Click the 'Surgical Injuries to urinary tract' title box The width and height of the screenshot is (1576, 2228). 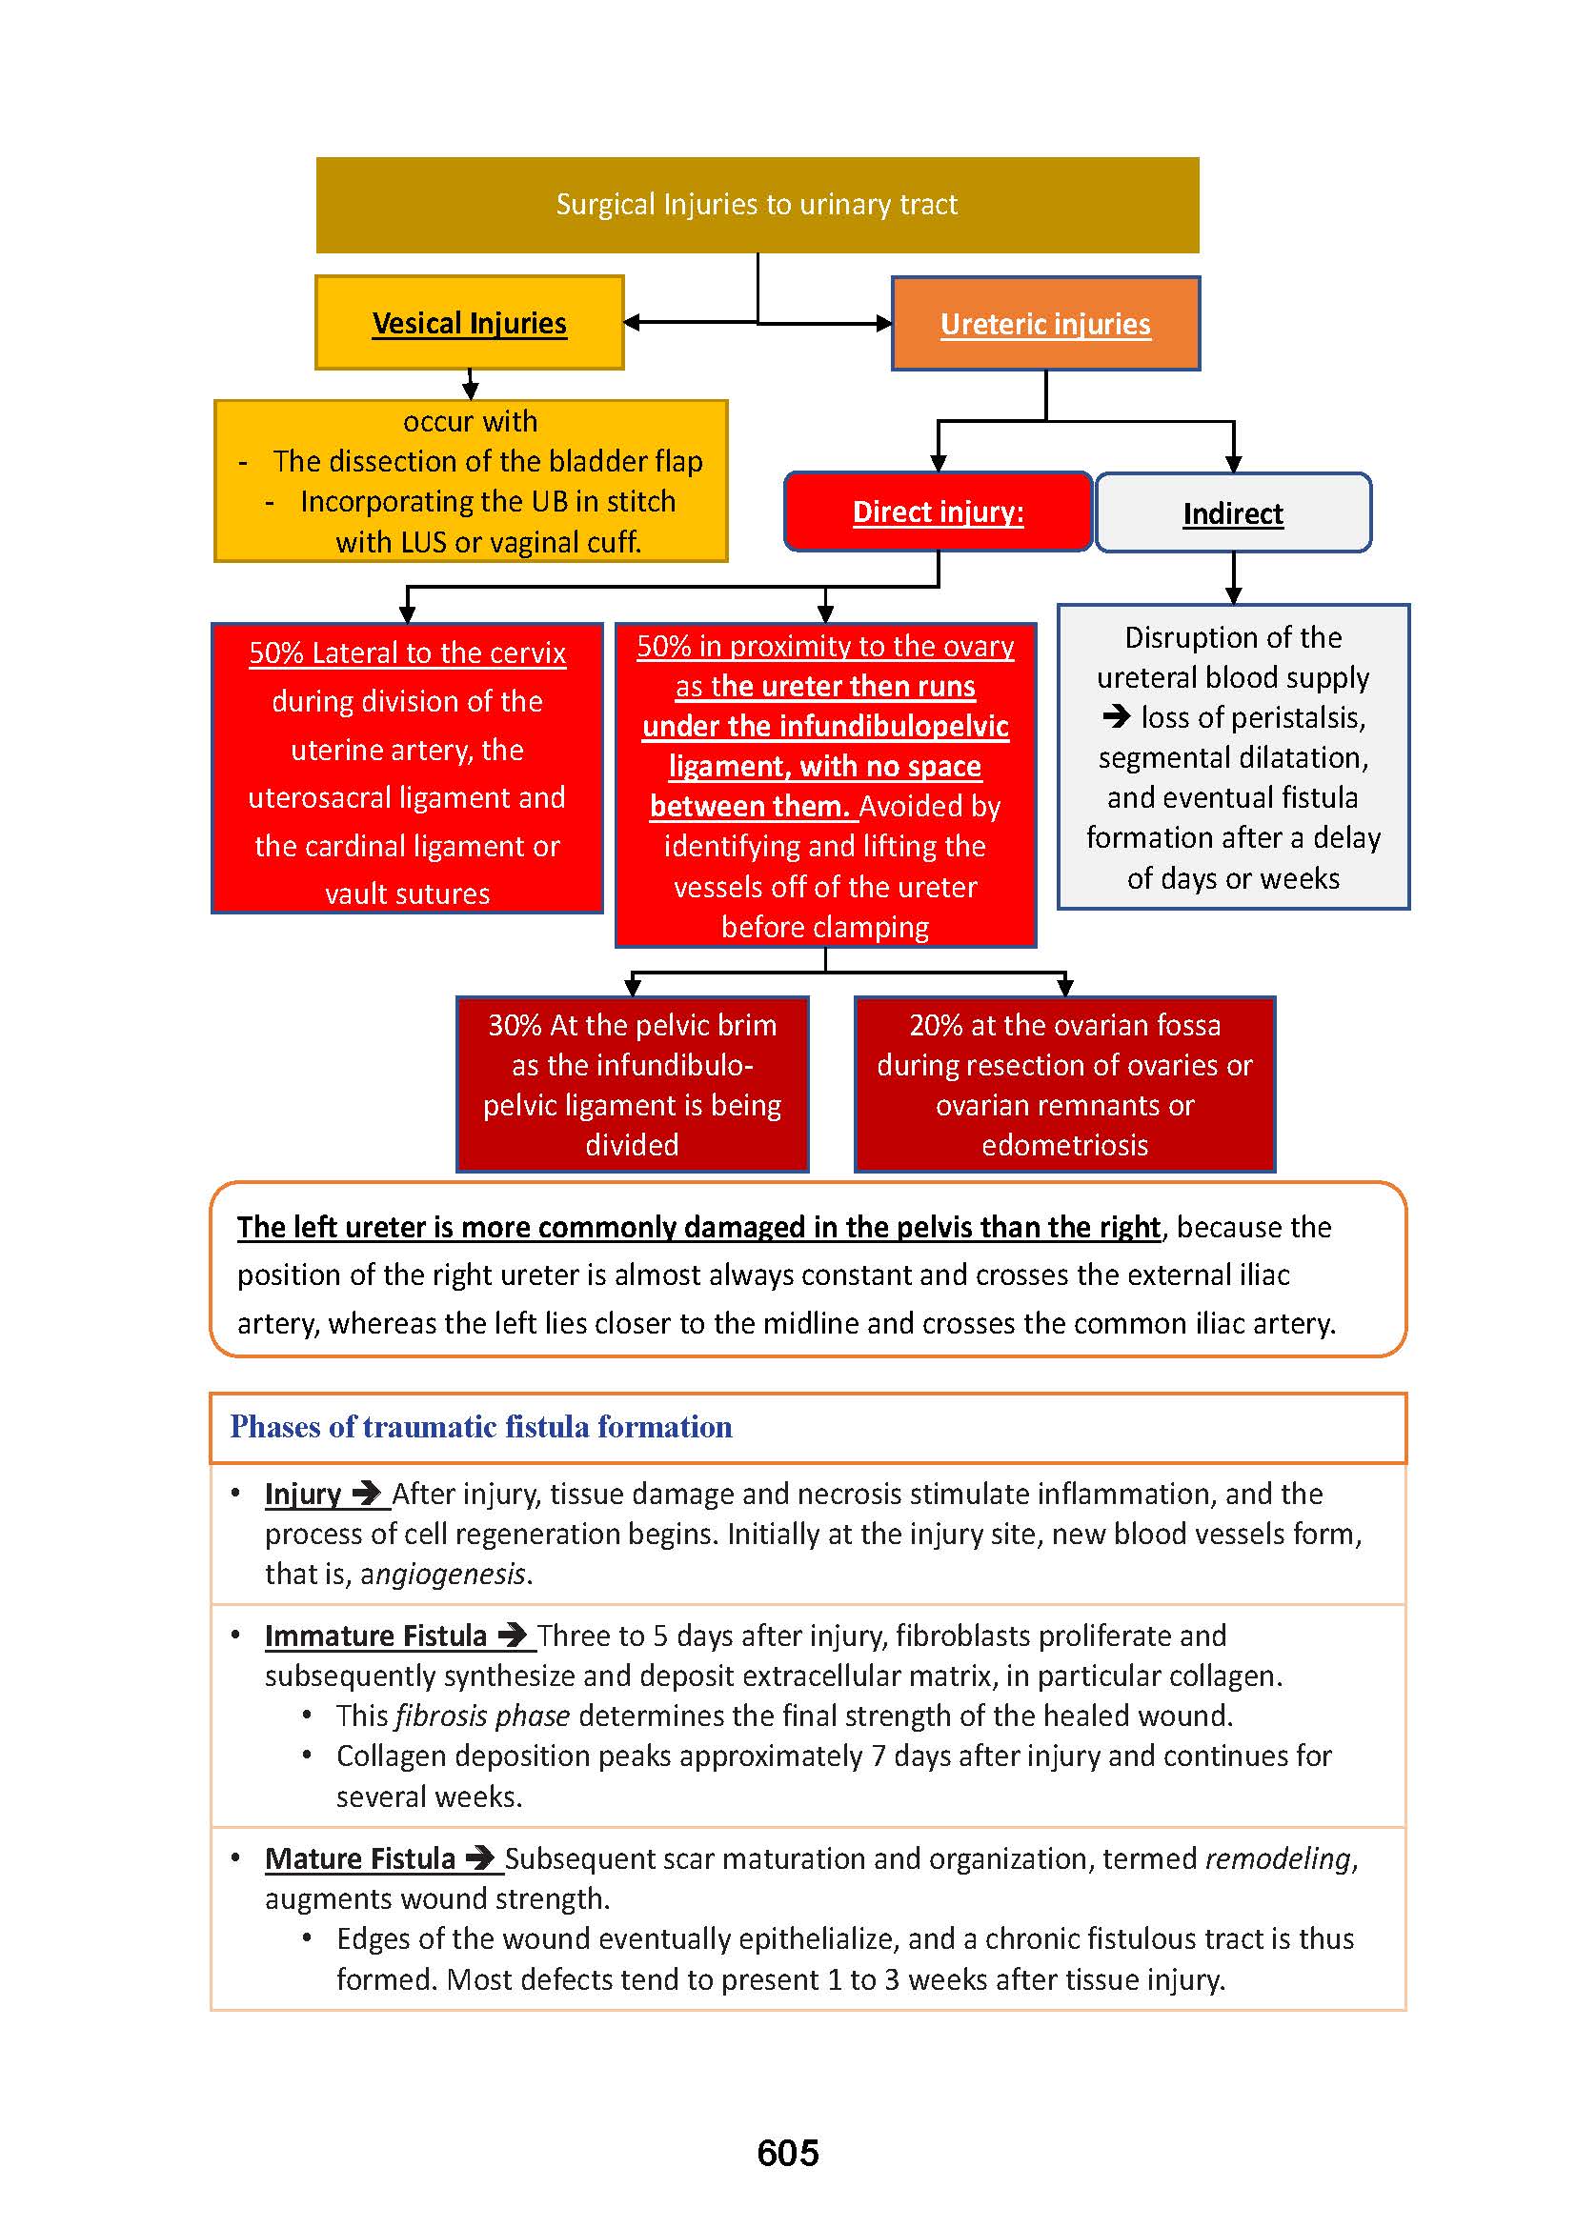757,205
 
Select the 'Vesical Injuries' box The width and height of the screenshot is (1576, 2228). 469,323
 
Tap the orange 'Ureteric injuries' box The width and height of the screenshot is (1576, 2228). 1045,324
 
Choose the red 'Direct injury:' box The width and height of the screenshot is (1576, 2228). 938,512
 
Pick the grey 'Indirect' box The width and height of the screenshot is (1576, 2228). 1232,513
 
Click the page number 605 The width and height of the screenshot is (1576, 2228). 787,2154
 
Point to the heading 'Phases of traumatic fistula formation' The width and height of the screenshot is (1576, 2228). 480,1427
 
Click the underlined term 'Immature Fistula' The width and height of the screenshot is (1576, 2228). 375,1636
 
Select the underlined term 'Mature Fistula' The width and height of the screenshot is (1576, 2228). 359,1858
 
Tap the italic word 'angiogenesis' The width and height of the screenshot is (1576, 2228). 443,1574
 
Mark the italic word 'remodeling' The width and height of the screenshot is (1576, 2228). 1278,1858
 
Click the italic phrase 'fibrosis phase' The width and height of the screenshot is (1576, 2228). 482,1716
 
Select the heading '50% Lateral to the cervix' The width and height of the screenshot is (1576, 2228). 407,653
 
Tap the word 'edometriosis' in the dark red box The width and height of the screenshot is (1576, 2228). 1064,1146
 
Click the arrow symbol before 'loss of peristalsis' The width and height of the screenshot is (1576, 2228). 1117,717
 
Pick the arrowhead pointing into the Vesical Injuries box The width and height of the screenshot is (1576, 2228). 632,323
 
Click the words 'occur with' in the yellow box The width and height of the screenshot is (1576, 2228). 470,422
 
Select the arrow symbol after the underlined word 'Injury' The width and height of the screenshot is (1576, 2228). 367,1494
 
